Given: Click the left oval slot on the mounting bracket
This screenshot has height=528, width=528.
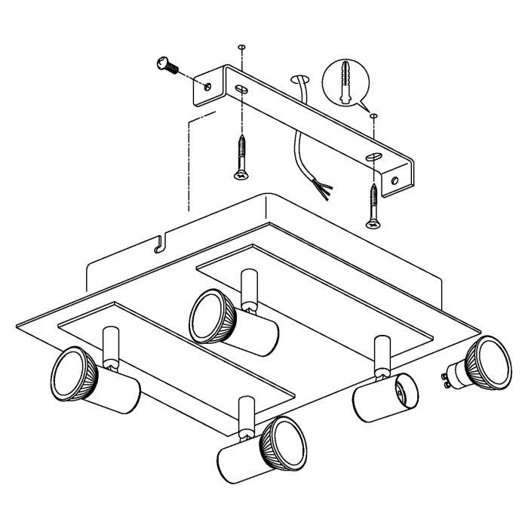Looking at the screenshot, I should pyautogui.click(x=241, y=90).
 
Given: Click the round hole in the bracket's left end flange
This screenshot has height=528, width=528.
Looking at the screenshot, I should pyautogui.click(x=209, y=87).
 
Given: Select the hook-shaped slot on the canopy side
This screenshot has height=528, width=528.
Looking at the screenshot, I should pyautogui.click(x=157, y=245).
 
